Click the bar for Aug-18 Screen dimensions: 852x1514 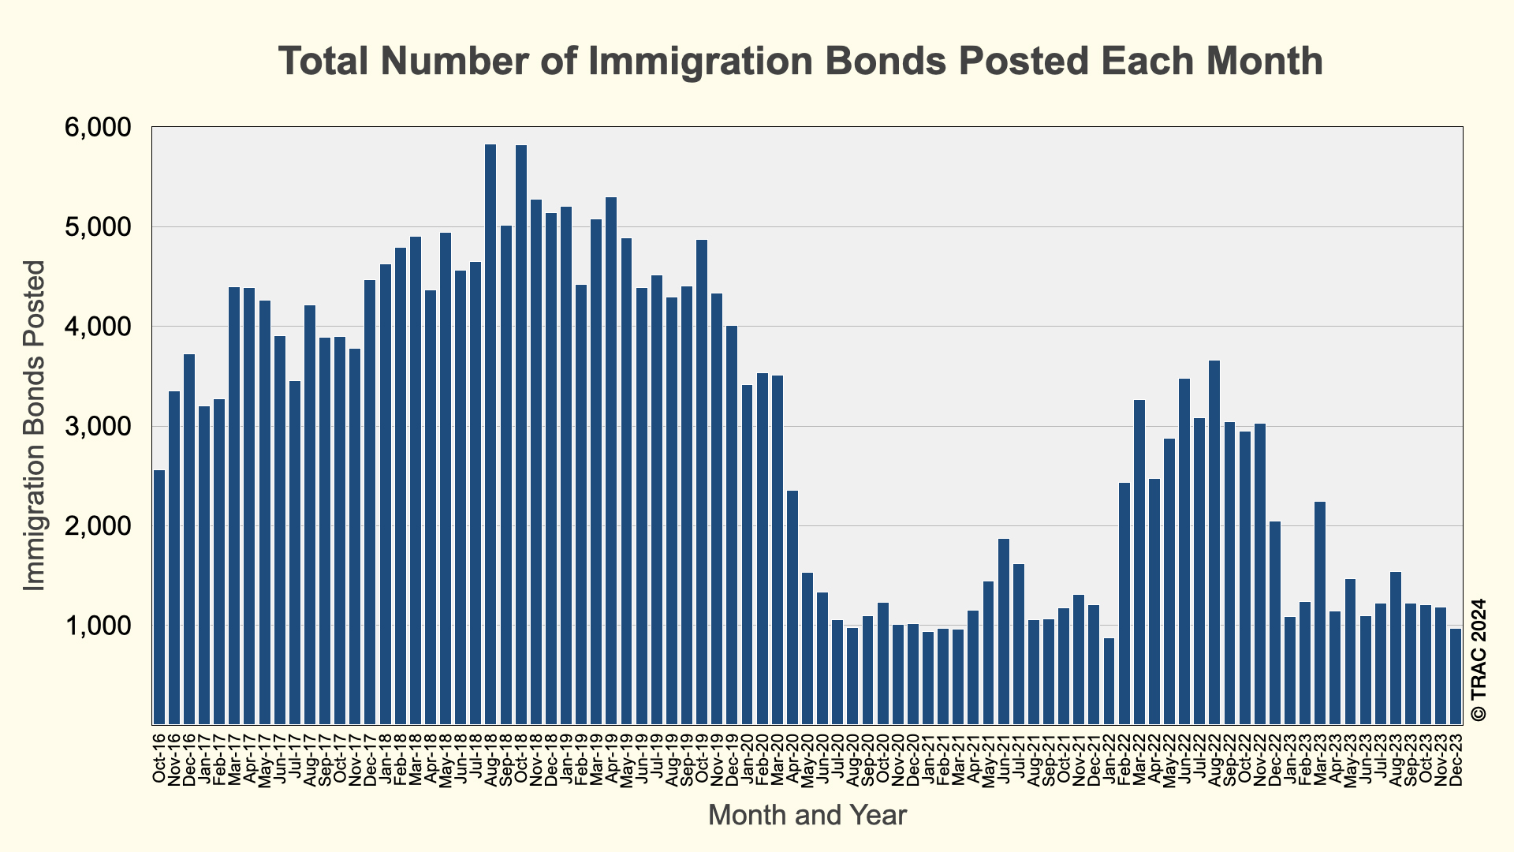pos(490,434)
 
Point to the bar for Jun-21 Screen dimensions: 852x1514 pos(1004,631)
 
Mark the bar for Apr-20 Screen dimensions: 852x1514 pos(792,607)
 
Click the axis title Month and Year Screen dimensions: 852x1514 pos(807,815)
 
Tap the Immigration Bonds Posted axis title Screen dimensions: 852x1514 pos(35,426)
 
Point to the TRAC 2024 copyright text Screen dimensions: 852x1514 pos(1479,660)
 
